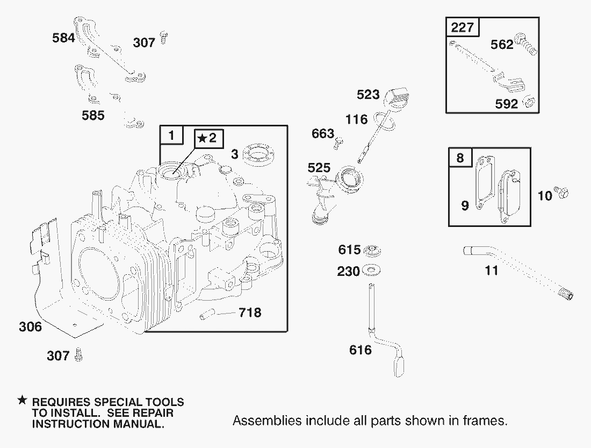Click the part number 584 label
point(63,38)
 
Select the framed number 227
point(462,27)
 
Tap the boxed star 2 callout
point(209,138)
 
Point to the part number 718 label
point(250,312)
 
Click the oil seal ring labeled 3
point(258,154)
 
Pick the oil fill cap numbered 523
point(397,98)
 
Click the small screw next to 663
point(339,143)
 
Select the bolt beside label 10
point(561,193)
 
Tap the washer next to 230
point(371,270)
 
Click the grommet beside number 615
point(371,250)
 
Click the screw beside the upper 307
point(163,37)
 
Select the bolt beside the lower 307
point(78,354)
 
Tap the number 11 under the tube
point(491,270)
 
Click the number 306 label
point(30,326)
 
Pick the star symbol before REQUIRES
point(23,400)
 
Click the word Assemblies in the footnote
point(267,420)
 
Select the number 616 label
point(361,350)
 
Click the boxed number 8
point(460,157)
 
